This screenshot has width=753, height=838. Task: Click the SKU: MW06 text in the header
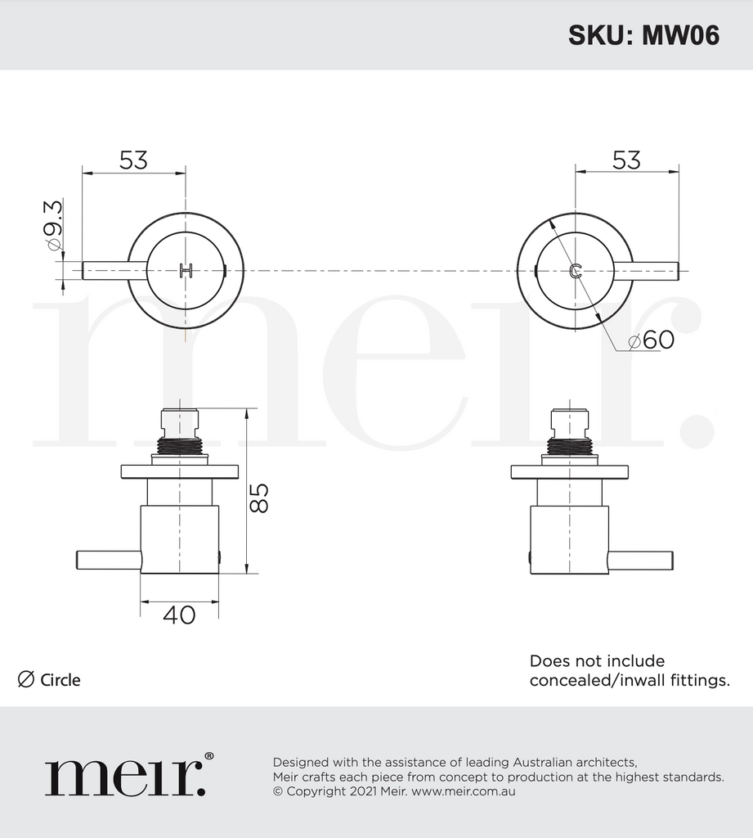(x=643, y=35)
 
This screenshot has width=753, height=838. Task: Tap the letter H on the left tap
(x=186, y=271)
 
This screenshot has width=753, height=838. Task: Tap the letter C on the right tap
(x=576, y=271)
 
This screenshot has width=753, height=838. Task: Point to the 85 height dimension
(x=258, y=498)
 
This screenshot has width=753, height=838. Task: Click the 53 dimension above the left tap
(x=133, y=160)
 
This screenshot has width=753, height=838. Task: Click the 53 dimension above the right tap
(x=626, y=160)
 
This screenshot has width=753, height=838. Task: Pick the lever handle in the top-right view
(x=654, y=270)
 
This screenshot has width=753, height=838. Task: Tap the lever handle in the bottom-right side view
(x=640, y=560)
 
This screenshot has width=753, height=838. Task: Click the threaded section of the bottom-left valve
(x=179, y=446)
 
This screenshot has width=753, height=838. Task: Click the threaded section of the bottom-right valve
(x=569, y=446)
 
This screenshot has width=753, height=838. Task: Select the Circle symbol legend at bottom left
(x=49, y=679)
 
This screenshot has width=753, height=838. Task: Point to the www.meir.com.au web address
(x=463, y=791)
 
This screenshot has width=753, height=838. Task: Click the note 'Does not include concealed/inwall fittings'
(x=630, y=670)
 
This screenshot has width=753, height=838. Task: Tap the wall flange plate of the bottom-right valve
(x=569, y=471)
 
